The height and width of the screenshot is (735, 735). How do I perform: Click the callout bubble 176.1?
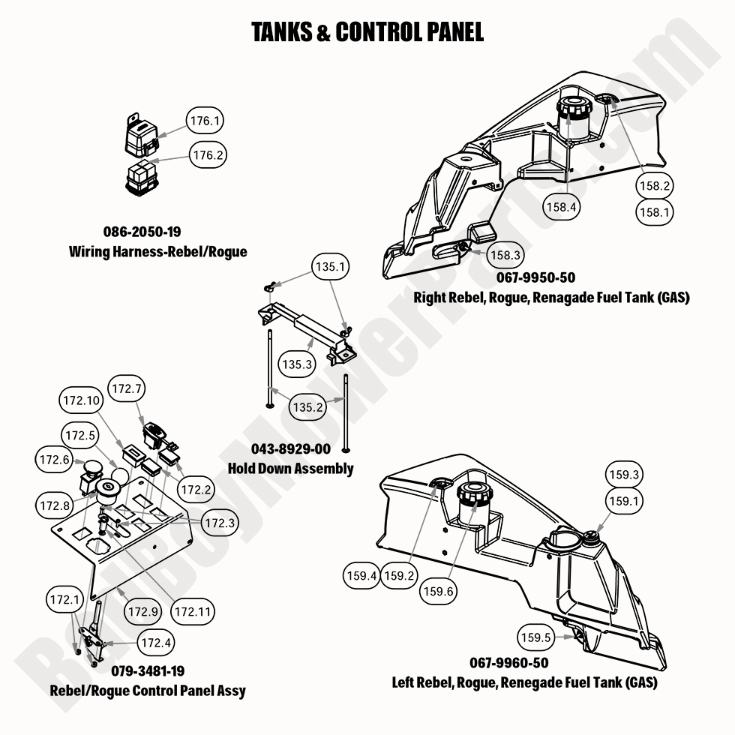coord(205,120)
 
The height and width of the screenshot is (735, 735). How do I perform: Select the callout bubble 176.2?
coord(207,154)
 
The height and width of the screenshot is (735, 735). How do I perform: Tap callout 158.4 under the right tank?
coord(561,208)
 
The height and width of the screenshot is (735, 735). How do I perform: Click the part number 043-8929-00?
coord(289,449)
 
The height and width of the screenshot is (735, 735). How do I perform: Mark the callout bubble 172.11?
coord(192,612)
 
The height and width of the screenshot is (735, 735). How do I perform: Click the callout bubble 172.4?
coord(157,643)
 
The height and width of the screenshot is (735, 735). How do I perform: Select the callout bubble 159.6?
coord(439,591)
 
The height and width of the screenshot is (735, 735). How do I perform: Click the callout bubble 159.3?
coord(625,475)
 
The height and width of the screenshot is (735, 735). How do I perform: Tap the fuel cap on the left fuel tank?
coord(473,494)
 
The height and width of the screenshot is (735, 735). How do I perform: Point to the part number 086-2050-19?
coord(142,232)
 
